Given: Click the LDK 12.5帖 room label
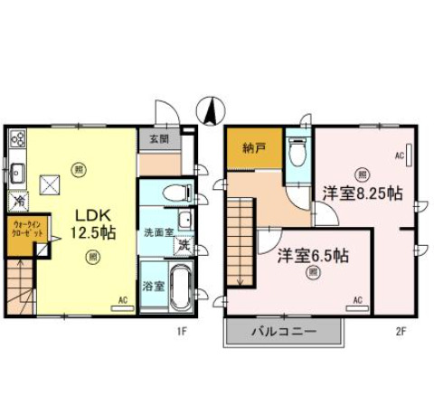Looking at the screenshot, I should coord(93,223).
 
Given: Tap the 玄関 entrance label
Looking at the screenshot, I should coord(154,138).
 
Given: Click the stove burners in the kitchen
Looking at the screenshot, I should coord(18,139).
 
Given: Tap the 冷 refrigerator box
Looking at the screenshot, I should coord(18,202).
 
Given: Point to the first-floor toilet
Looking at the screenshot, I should coord(178,193).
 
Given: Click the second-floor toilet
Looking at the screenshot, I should coord(297,154).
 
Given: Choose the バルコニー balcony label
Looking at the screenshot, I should coord(283,332).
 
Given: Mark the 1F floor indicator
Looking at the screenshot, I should coord(181,331).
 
